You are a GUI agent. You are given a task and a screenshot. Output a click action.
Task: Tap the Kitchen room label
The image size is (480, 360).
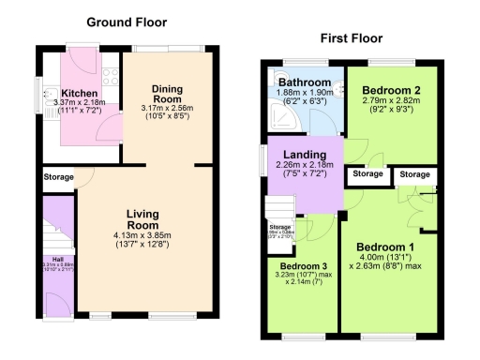tap(81, 94)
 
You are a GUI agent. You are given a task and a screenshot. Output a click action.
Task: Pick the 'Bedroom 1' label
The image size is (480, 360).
tap(383, 247)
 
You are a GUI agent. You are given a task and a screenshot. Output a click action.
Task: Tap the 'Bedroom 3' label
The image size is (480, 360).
tap(303, 265)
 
